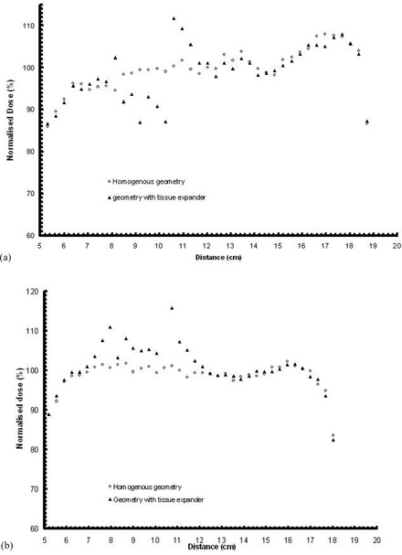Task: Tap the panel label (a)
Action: tap(6, 259)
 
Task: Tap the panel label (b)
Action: tap(6, 546)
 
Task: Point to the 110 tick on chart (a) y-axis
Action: tap(30, 26)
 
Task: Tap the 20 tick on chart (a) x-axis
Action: tap(396, 247)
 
